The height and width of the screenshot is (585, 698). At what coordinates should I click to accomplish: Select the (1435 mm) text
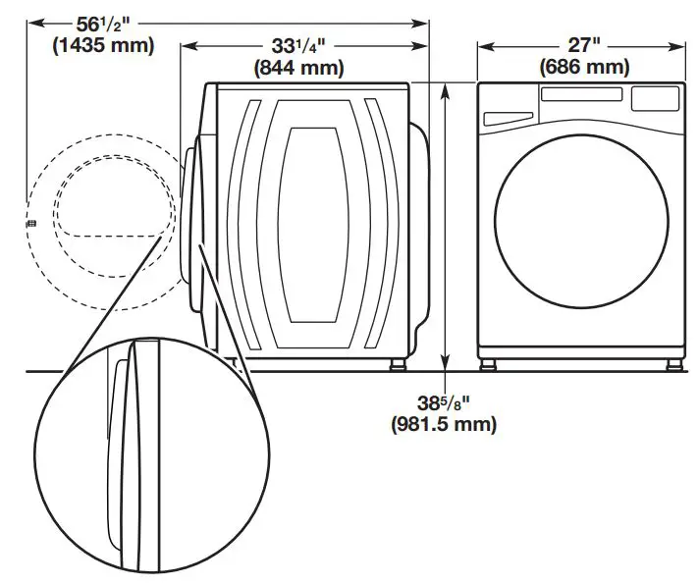(x=95, y=45)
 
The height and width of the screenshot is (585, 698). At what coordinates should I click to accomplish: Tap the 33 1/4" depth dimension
(x=299, y=46)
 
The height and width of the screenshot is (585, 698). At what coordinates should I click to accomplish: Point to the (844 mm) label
(x=299, y=68)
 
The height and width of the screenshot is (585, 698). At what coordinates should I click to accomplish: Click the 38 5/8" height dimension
(x=443, y=401)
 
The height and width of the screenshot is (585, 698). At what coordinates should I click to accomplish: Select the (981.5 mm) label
(x=444, y=424)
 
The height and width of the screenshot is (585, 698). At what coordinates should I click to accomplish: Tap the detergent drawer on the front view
(x=508, y=117)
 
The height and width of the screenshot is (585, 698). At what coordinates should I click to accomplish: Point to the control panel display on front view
(x=655, y=98)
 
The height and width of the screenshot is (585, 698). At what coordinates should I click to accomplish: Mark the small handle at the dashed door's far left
(x=29, y=224)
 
